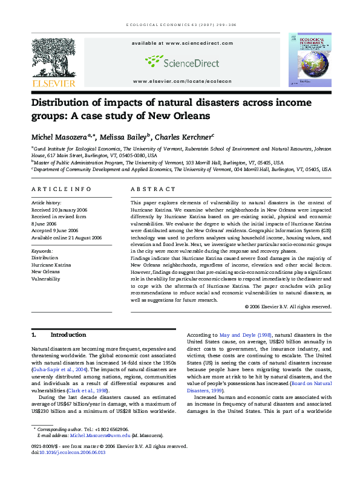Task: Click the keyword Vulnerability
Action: pos(45,279)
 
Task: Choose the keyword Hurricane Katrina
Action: pos(51,264)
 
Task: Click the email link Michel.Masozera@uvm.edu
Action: pos(100,435)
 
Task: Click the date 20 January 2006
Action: pos(68,209)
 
